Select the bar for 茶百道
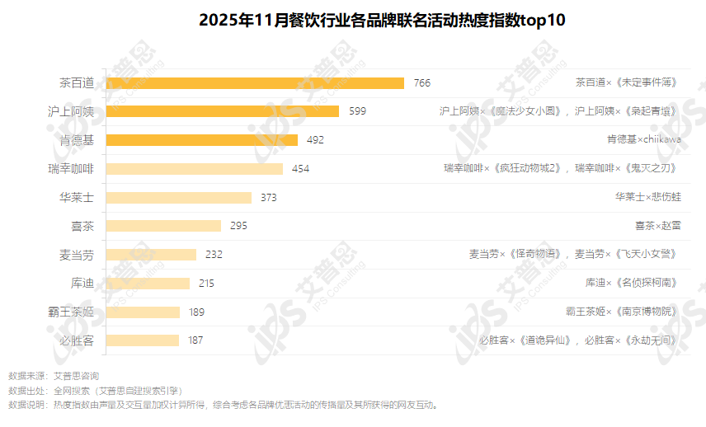point(256,82)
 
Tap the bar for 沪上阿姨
point(223,111)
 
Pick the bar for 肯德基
point(202,140)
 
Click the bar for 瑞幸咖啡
point(195,168)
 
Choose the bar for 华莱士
point(179,197)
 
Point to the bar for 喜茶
point(164,226)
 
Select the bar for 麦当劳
point(152,255)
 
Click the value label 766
point(422,82)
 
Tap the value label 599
point(357,111)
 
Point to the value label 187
point(195,340)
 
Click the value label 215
point(206,284)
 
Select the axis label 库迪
point(82,284)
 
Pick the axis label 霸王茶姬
point(71,312)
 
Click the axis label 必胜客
point(77,340)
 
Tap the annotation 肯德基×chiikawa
point(643,140)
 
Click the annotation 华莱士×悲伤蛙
point(647,197)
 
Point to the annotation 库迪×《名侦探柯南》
point(633,284)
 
